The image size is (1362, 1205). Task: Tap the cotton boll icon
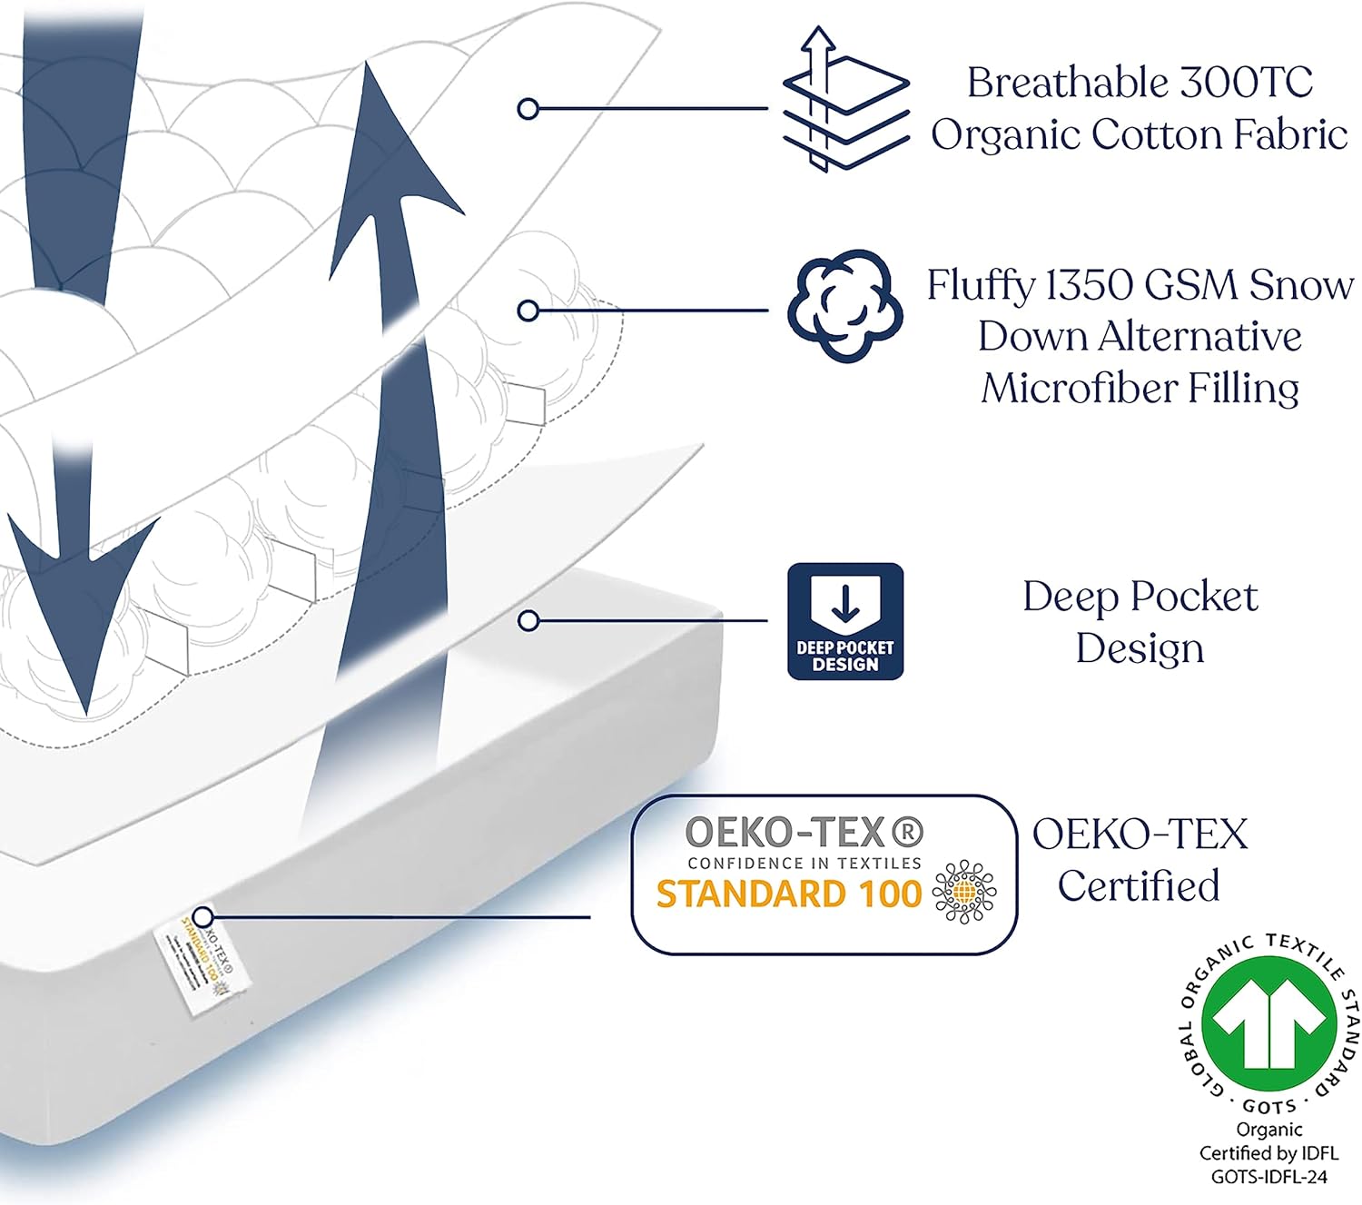pyautogui.click(x=845, y=306)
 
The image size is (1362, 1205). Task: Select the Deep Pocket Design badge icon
pyautogui.click(x=845, y=621)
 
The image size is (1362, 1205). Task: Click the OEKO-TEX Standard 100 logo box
pyautogui.click(x=824, y=874)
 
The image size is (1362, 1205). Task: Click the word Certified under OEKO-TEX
pyautogui.click(x=1139, y=885)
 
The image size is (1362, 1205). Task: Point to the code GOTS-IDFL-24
pyautogui.click(x=1269, y=1177)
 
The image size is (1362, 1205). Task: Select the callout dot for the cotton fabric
pyautogui.click(x=528, y=109)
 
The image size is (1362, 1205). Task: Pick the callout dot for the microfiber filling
pyautogui.click(x=528, y=311)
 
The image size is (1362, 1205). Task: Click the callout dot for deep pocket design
pyautogui.click(x=528, y=621)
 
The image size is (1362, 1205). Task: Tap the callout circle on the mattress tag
pyautogui.click(x=203, y=916)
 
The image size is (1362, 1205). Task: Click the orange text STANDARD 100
pyautogui.click(x=788, y=894)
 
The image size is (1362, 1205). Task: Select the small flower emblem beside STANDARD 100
pyautogui.click(x=963, y=893)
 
